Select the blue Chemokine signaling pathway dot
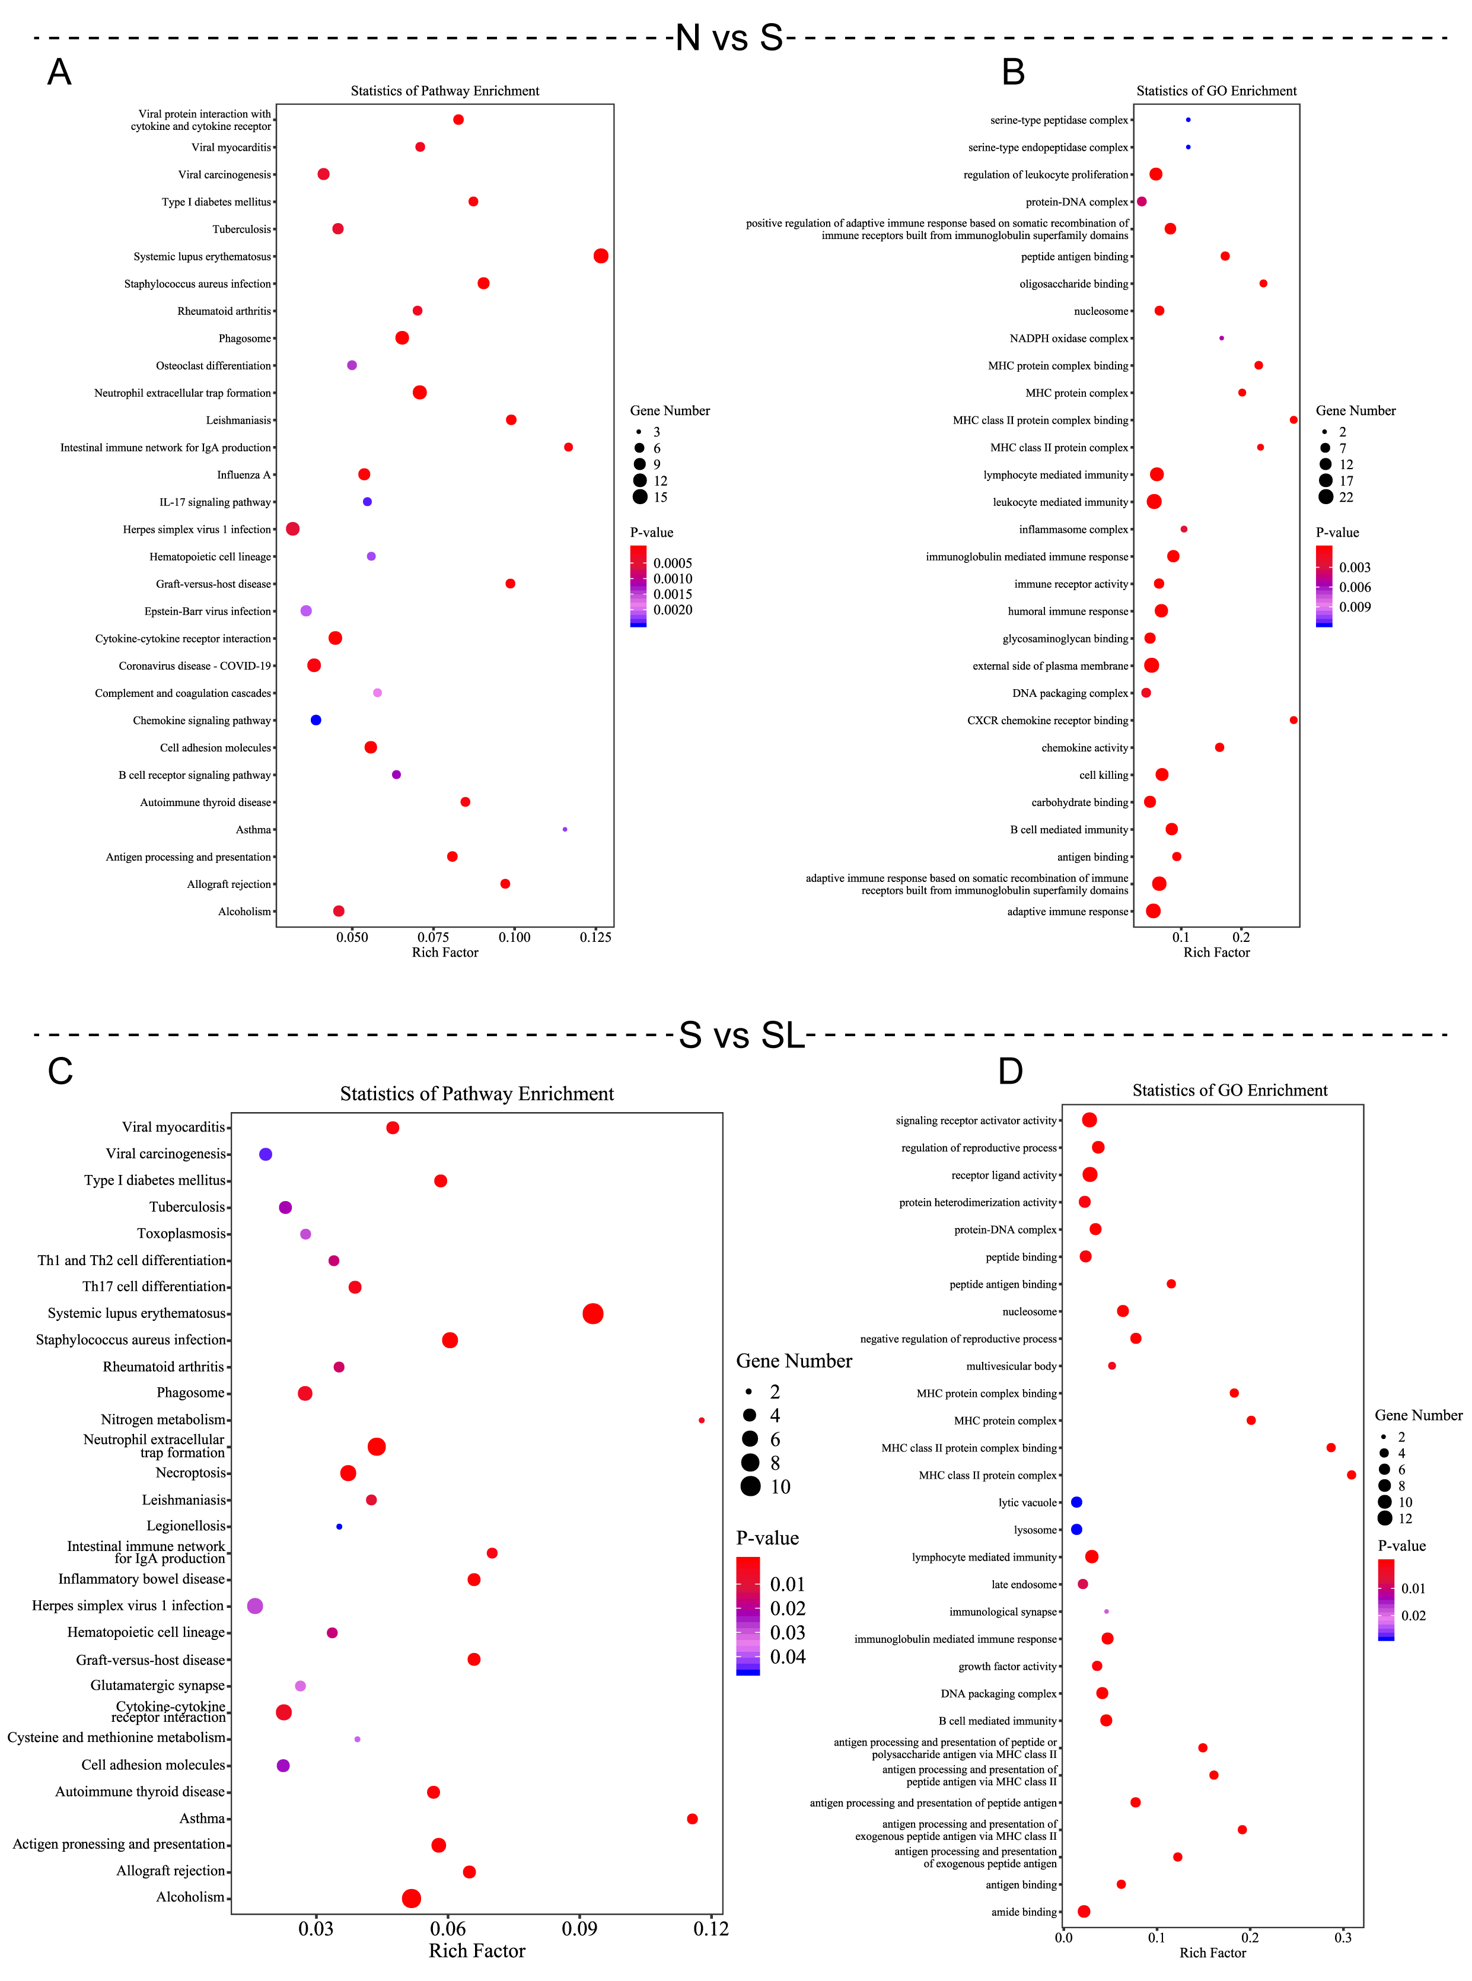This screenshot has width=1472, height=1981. point(316,720)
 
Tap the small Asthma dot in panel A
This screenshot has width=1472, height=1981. point(565,830)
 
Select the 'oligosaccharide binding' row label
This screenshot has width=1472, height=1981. point(1073,284)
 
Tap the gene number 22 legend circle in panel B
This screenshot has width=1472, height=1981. point(1326,497)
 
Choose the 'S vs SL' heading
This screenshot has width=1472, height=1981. point(741,1034)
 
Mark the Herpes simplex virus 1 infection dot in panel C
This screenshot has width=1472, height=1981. point(255,1606)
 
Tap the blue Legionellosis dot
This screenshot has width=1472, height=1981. point(339,1527)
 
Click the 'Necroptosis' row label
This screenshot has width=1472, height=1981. point(191,1473)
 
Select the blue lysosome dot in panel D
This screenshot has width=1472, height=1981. point(1076,1529)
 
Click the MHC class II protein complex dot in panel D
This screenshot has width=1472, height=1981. point(1351,1475)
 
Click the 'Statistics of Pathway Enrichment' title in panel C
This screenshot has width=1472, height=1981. point(477,1094)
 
